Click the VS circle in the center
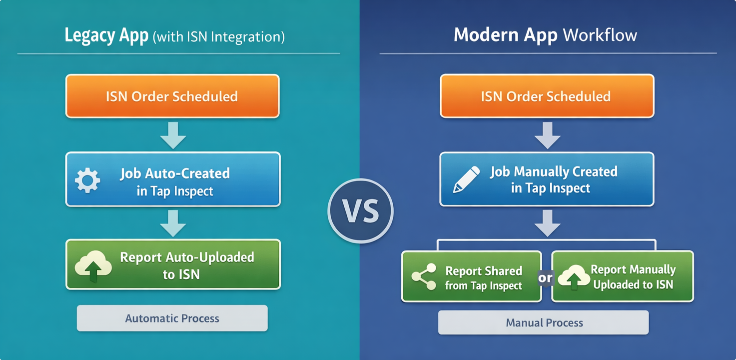click(360, 210)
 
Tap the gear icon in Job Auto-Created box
click(87, 180)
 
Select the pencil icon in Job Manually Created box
click(466, 180)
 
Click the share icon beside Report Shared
click(424, 276)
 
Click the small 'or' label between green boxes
click(546, 277)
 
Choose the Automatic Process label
click(172, 318)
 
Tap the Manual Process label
click(544, 322)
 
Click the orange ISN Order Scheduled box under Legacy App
click(172, 96)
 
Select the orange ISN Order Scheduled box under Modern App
click(547, 96)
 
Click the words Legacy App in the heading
click(106, 36)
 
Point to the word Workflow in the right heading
click(600, 35)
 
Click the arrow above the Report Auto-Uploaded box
click(173, 223)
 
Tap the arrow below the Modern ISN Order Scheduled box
click(547, 135)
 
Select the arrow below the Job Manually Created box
click(547, 223)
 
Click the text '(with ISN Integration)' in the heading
click(219, 36)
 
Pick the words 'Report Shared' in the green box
click(484, 271)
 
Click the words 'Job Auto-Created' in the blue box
click(175, 173)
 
